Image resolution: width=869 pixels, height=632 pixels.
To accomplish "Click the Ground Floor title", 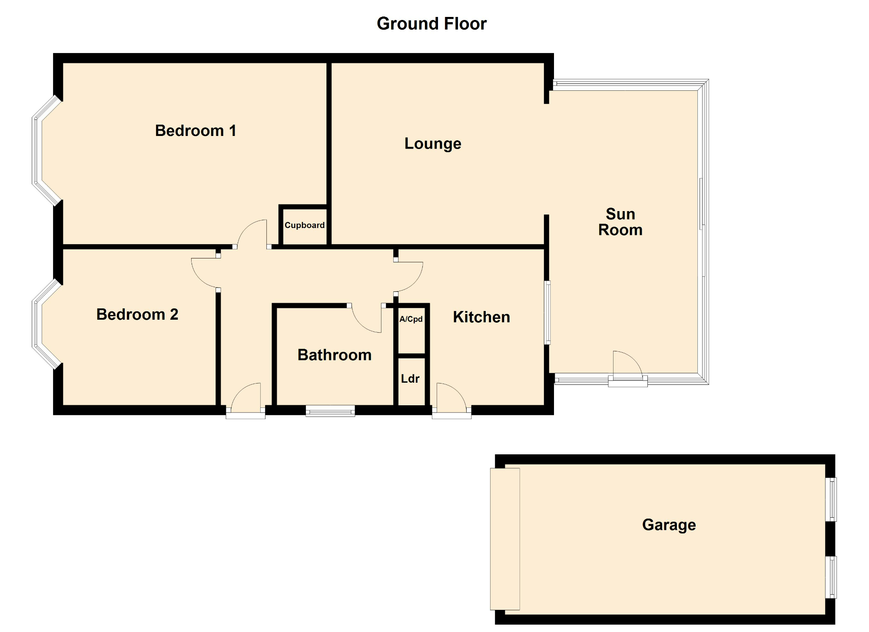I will click(x=431, y=23).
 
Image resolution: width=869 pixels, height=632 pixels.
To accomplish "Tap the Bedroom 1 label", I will click(x=196, y=131).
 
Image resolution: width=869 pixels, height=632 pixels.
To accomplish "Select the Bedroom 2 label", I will click(x=137, y=314).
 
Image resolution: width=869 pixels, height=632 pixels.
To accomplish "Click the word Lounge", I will click(x=433, y=144).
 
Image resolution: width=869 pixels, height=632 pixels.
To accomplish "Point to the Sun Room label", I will click(x=620, y=222).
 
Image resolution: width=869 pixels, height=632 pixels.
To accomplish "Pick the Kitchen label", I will click(x=481, y=317).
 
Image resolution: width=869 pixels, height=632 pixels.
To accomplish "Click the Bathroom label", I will click(x=335, y=355).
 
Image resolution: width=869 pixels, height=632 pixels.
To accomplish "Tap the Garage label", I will click(x=669, y=525).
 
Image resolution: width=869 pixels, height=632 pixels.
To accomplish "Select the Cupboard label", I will click(x=304, y=225).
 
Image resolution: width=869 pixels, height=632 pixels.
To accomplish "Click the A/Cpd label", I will click(x=411, y=319).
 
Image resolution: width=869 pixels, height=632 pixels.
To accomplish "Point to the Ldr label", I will click(x=410, y=379).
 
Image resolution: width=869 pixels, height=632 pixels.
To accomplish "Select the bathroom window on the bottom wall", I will click(x=330, y=410).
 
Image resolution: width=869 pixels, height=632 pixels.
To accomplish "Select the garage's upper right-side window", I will click(x=831, y=500).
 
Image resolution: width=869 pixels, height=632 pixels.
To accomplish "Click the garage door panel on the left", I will click(x=505, y=539).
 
